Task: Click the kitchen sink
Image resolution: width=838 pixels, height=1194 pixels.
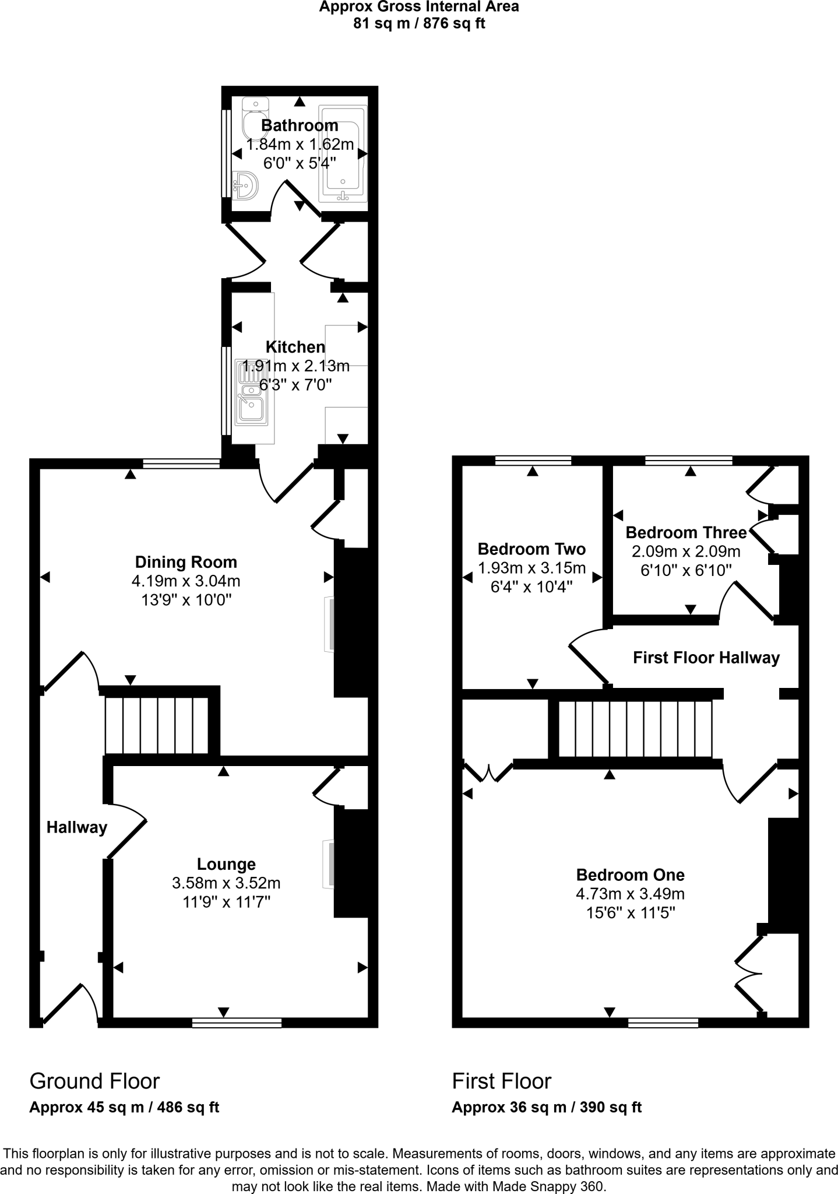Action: point(252,392)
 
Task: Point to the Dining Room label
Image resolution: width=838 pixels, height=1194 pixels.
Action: point(186,562)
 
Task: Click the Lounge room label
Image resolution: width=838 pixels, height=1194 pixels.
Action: point(226,864)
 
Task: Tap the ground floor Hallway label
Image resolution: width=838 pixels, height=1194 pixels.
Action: point(77,827)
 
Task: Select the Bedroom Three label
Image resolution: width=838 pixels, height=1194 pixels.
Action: point(686,532)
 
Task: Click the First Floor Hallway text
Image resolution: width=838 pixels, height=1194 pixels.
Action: point(706,658)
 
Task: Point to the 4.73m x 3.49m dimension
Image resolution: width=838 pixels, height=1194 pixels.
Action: point(630,893)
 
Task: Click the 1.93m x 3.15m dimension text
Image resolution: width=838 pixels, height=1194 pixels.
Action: point(531,568)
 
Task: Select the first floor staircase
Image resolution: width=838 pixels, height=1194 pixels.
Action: point(635,729)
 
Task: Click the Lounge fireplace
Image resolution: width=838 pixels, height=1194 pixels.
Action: point(329,864)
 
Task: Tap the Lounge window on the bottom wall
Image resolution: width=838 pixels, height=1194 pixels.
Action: point(237,1023)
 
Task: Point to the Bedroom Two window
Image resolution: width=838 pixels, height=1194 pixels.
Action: point(533,461)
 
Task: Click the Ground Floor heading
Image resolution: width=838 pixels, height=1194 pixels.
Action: point(94,1081)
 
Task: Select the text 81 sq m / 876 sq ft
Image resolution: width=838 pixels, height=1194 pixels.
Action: point(418,24)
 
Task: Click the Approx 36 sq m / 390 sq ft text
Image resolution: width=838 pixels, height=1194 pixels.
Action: point(546,1107)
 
